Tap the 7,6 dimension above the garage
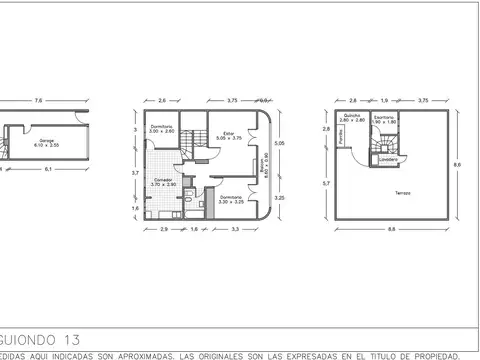(39, 100)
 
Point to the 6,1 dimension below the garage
(46, 170)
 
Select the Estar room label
(227, 134)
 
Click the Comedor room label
(163, 181)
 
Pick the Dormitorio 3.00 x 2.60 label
(162, 128)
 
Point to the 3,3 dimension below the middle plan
(235, 231)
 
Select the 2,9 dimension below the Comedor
(163, 231)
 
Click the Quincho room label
(351, 118)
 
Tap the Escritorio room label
(383, 118)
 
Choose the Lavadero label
(390, 159)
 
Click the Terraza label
(401, 193)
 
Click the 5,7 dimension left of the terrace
(326, 184)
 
